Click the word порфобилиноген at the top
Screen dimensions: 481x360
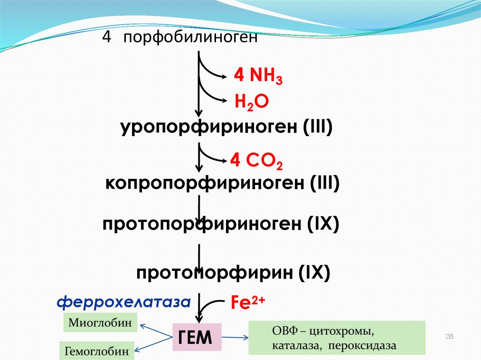pyautogui.click(x=191, y=38)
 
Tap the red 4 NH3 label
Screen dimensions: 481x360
pyautogui.click(x=258, y=76)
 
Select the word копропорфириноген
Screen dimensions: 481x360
pyautogui.click(x=205, y=183)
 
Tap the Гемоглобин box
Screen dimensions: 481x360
pyautogui.click(x=96, y=350)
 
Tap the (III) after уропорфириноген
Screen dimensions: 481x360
pyautogui.click(x=318, y=127)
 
